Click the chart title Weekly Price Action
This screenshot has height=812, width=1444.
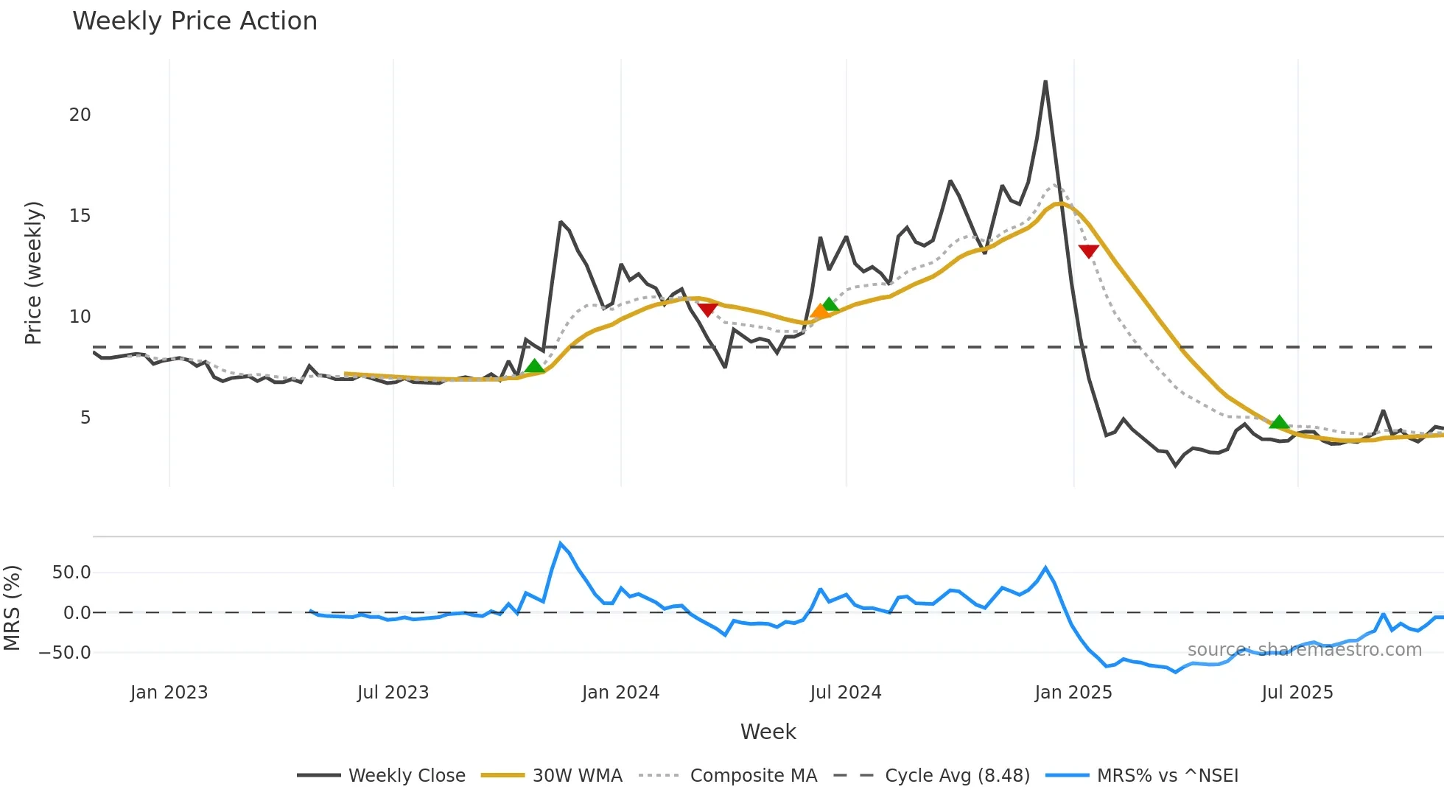(194, 21)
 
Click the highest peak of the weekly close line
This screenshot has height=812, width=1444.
(1045, 82)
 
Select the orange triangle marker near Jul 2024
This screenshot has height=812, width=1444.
(819, 312)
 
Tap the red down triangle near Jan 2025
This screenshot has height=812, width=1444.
(1088, 251)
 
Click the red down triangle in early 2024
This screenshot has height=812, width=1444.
(707, 309)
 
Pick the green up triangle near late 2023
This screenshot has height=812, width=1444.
(535, 365)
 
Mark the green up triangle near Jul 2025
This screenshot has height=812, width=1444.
(1279, 421)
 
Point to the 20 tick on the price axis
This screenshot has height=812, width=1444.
(80, 115)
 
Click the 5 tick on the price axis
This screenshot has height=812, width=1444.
(85, 418)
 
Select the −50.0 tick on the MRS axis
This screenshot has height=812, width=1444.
(65, 653)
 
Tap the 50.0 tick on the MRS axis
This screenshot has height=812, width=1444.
(71, 573)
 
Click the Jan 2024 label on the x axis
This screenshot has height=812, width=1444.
(620, 693)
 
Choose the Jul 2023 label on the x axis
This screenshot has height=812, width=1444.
(393, 693)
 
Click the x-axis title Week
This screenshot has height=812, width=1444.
(768, 732)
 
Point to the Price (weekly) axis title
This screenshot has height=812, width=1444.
(33, 273)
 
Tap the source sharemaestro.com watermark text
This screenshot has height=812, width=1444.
(1304, 650)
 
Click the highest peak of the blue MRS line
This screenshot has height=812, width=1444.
(561, 544)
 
